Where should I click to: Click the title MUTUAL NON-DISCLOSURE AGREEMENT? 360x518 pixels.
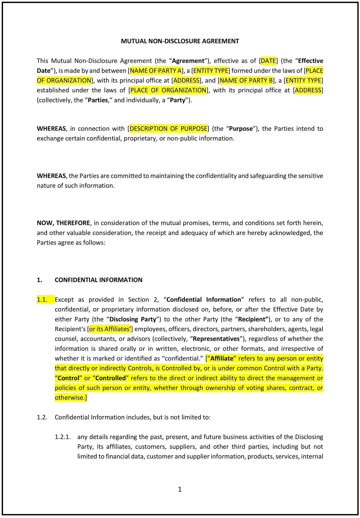pyautogui.click(x=180, y=41)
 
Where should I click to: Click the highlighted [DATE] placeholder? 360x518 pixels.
pyautogui.click(x=268, y=61)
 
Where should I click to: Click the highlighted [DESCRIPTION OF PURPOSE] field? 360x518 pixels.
pyautogui.click(x=168, y=128)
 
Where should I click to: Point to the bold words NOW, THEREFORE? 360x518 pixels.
pyautogui.click(x=63, y=223)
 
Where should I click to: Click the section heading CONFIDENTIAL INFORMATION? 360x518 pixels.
pyautogui.click(x=98, y=280)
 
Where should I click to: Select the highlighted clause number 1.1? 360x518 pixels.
pyautogui.click(x=42, y=300)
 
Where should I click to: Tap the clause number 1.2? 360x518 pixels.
pyautogui.click(x=42, y=417)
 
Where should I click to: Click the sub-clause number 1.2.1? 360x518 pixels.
pyautogui.click(x=62, y=437)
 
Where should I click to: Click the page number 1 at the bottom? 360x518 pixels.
pyautogui.click(x=180, y=489)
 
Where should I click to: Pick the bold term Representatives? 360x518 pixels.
pyautogui.click(x=216, y=339)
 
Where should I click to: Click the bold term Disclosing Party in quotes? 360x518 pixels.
pyautogui.click(x=133, y=319)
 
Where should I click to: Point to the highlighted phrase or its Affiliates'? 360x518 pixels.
pyautogui.click(x=110, y=329)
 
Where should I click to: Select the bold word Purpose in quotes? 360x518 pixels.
pyautogui.click(x=241, y=128)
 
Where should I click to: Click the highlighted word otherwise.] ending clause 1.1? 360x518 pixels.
pyautogui.click(x=71, y=398)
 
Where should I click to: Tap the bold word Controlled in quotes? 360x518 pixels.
pyautogui.click(x=110, y=378)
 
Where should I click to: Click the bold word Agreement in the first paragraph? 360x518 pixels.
pyautogui.click(x=188, y=61)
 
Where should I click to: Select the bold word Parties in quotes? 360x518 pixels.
pyautogui.click(x=98, y=100)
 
